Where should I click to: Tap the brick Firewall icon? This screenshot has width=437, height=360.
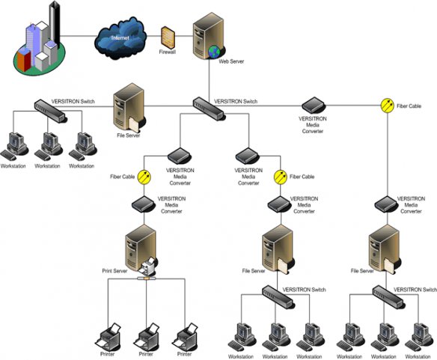coord(168,37)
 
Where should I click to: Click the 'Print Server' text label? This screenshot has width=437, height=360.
coord(117,270)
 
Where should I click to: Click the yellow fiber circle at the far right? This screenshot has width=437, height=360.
coord(388,106)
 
